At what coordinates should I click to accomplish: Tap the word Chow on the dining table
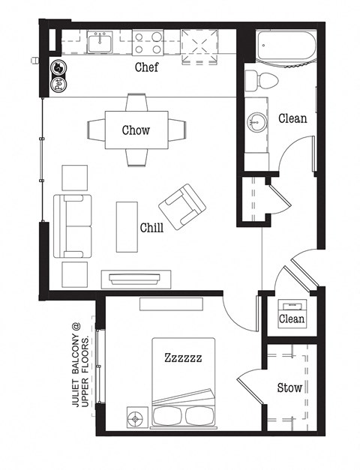(136, 130)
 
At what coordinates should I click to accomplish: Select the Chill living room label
(152, 227)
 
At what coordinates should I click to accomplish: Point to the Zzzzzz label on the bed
(183, 358)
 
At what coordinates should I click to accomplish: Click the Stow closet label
(289, 388)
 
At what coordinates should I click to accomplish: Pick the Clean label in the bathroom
(292, 118)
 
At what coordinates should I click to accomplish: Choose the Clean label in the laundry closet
(292, 319)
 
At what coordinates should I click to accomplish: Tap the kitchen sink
(99, 43)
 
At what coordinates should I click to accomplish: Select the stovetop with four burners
(148, 42)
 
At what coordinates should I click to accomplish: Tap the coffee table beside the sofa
(127, 227)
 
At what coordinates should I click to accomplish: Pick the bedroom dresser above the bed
(170, 304)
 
